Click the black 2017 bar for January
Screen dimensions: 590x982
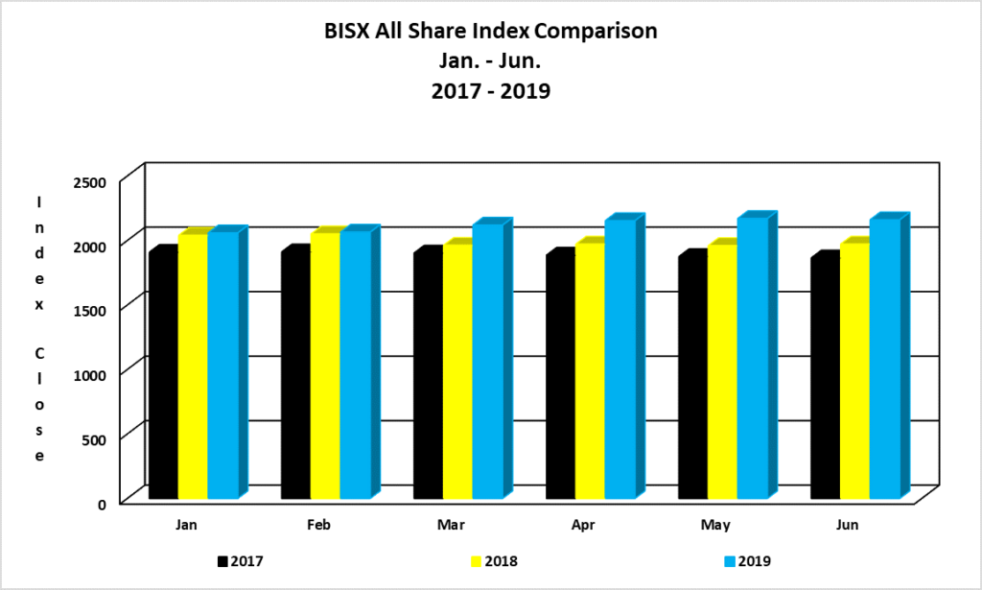click(x=163, y=376)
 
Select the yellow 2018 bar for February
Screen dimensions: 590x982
click(x=324, y=366)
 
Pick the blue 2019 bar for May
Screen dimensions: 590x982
click(x=751, y=358)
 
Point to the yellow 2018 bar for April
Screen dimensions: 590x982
click(x=589, y=371)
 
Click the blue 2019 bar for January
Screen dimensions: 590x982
click(x=222, y=366)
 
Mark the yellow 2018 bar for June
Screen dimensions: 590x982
click(x=853, y=371)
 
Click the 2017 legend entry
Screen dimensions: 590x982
click(x=242, y=560)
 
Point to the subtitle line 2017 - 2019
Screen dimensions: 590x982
click(x=491, y=93)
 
